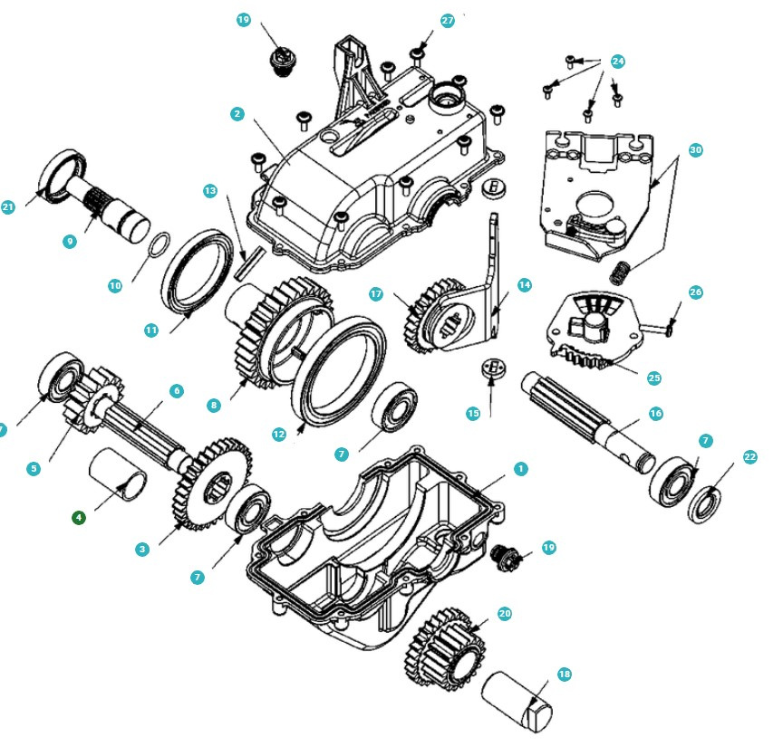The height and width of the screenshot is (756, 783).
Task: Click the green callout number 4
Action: [x=79, y=518]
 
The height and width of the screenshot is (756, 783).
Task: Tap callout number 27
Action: [x=448, y=21]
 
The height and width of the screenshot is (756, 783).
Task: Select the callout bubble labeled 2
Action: [x=237, y=114]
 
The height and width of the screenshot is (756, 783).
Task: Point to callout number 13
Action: [x=210, y=191]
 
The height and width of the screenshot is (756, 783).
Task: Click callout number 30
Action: [x=696, y=149]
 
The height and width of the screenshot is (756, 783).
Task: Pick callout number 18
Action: [x=565, y=675]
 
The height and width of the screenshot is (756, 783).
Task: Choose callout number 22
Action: [x=750, y=456]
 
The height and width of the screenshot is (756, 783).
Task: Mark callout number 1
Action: [x=521, y=469]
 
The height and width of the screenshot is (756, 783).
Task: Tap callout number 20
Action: [x=505, y=613]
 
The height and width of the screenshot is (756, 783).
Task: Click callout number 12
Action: [x=278, y=434]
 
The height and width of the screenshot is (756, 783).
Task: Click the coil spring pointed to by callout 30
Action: [x=621, y=272]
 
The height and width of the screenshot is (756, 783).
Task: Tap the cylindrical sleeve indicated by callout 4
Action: [x=118, y=473]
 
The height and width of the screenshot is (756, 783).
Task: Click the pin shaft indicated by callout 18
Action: [x=517, y=701]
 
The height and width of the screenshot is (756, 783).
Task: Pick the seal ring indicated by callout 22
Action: [x=704, y=505]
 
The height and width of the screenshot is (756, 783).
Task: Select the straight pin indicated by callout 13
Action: [x=249, y=263]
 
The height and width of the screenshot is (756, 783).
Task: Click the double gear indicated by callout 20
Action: [x=445, y=649]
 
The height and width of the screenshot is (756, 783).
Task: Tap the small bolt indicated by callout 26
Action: [x=657, y=329]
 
